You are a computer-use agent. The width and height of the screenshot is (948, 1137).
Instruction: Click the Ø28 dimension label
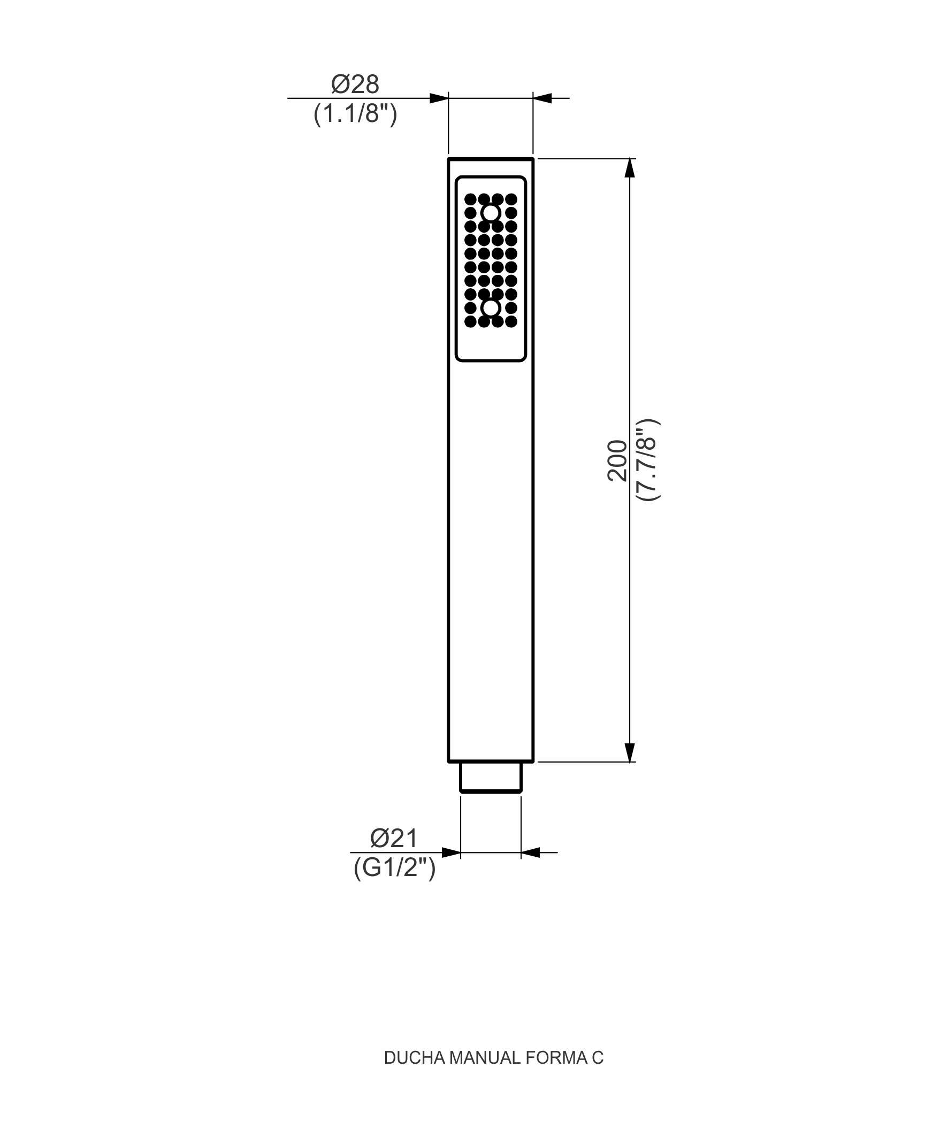[x=355, y=84]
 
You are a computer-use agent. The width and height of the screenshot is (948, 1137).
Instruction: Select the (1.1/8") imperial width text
[x=355, y=114]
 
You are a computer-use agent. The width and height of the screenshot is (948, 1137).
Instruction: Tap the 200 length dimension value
[x=617, y=460]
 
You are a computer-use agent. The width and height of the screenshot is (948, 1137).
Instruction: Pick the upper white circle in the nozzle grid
[x=491, y=213]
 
